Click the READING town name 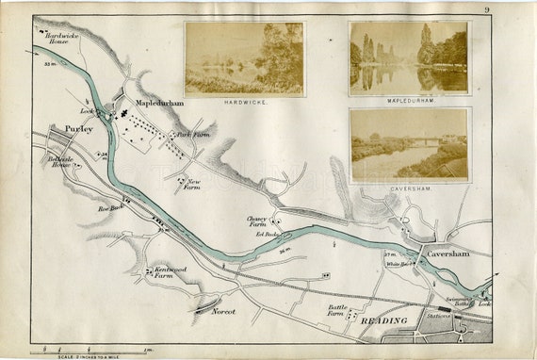(383, 322)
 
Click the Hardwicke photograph (243, 58)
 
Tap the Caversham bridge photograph (408, 144)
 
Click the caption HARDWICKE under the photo (243, 100)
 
